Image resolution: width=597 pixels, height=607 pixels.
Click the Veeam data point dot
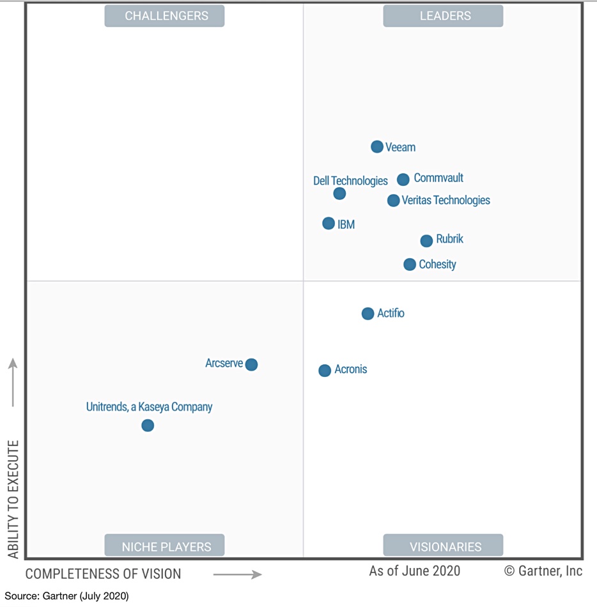pyautogui.click(x=377, y=147)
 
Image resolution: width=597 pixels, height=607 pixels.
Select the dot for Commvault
pyautogui.click(x=403, y=180)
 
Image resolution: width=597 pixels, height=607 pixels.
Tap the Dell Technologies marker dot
pyautogui.click(x=339, y=194)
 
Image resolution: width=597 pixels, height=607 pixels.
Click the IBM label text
pyautogui.click(x=346, y=225)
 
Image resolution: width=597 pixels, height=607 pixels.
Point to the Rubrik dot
pyautogui.click(x=426, y=241)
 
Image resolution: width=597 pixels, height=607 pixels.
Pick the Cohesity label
pyautogui.click(x=437, y=265)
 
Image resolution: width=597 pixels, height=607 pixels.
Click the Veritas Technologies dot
pyautogui.click(x=393, y=201)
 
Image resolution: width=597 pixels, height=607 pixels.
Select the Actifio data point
pyautogui.click(x=368, y=314)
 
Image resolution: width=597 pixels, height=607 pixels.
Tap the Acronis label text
pyautogui.click(x=350, y=370)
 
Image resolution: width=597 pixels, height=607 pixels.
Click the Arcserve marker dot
pyautogui.click(x=251, y=365)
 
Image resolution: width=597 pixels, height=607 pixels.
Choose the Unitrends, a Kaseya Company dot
pyautogui.click(x=148, y=426)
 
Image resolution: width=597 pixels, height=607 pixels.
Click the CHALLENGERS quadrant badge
pyautogui.click(x=165, y=16)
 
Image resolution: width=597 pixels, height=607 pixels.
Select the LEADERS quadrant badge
pyautogui.click(x=443, y=16)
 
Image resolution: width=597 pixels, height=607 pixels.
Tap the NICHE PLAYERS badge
pyautogui.click(x=165, y=546)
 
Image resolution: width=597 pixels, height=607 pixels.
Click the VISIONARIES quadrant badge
pyautogui.click(x=443, y=546)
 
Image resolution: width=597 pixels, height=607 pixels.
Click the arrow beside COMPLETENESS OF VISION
pyautogui.click(x=237, y=574)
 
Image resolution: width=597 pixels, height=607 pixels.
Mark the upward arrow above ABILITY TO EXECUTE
pyautogui.click(x=13, y=382)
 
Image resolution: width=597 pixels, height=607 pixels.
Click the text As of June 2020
pyautogui.click(x=414, y=571)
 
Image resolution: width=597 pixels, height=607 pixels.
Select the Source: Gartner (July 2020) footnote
pyautogui.click(x=66, y=596)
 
